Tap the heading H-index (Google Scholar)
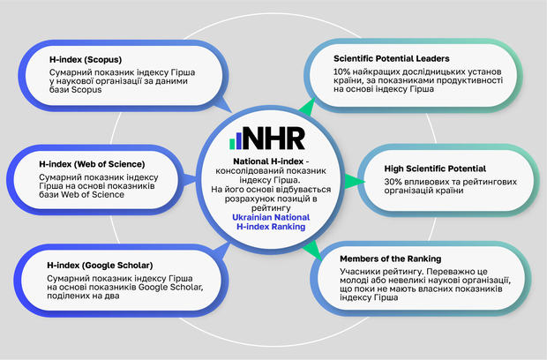(x=101, y=265)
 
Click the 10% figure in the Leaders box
(x=341, y=70)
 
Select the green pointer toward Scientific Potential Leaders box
(x=306, y=109)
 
